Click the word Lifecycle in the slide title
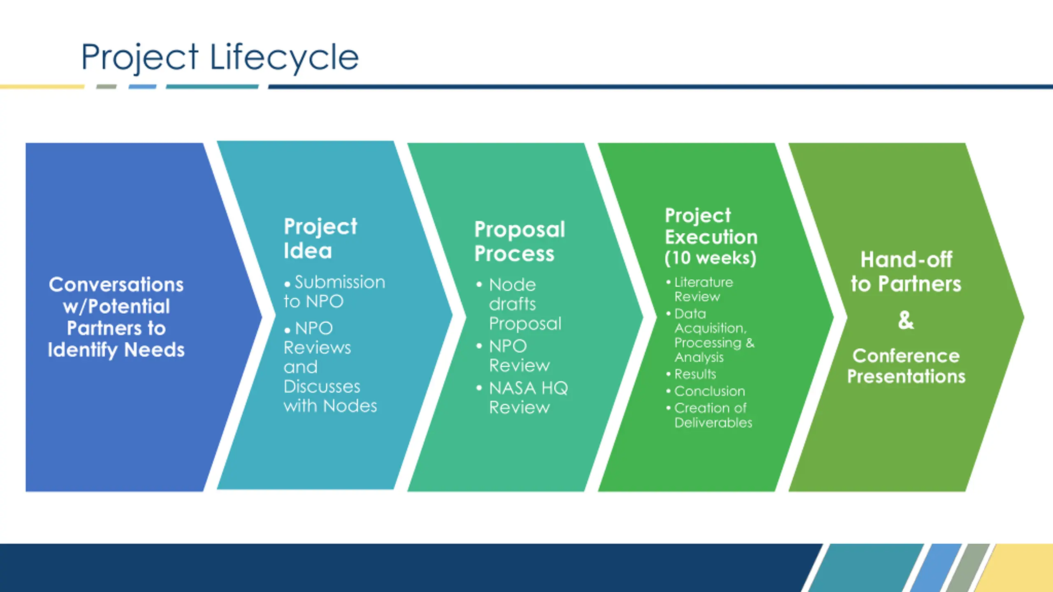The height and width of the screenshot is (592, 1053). pyautogui.click(x=284, y=57)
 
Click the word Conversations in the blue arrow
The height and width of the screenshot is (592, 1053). pyautogui.click(x=116, y=284)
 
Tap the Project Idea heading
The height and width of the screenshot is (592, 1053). pyautogui.click(x=320, y=238)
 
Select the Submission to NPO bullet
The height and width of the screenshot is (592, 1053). pyautogui.click(x=334, y=291)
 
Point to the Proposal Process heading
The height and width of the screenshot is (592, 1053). pyautogui.click(x=520, y=241)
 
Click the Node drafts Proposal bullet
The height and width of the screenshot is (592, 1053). pyautogui.click(x=524, y=304)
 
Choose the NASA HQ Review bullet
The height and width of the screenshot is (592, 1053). pyautogui.click(x=528, y=398)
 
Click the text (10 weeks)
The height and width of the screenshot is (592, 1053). pyautogui.click(x=710, y=258)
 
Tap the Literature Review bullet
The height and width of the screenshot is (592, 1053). pyautogui.click(x=703, y=289)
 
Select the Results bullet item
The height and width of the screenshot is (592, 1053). pyautogui.click(x=695, y=374)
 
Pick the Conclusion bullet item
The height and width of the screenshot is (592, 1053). pyautogui.click(x=709, y=391)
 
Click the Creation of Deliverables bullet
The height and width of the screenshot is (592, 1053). pyautogui.click(x=712, y=415)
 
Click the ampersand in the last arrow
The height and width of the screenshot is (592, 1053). pyautogui.click(x=906, y=320)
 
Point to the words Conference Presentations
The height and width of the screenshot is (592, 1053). pyautogui.click(x=906, y=366)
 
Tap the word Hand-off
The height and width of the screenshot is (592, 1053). pyautogui.click(x=906, y=260)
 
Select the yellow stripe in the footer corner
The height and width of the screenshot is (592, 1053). pyautogui.click(x=1020, y=569)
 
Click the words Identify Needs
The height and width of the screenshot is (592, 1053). pyautogui.click(x=116, y=350)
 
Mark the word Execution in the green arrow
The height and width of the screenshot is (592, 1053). pyautogui.click(x=711, y=237)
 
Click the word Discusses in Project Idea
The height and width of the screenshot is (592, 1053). pyautogui.click(x=322, y=386)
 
